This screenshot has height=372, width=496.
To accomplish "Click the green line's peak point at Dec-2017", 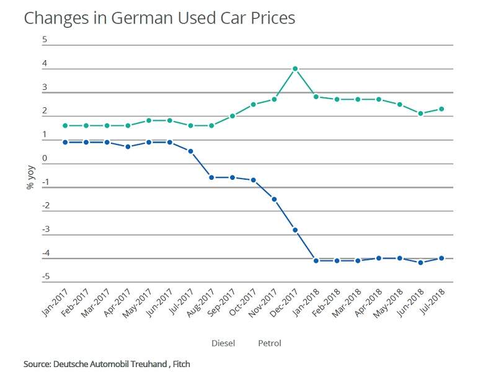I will click(295, 69).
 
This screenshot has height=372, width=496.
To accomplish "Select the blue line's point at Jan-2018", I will click(316, 261).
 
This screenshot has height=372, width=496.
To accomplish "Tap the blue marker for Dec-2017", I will click(295, 230).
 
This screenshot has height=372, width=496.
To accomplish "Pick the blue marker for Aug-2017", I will click(211, 177).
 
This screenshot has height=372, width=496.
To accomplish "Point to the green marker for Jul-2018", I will click(441, 109).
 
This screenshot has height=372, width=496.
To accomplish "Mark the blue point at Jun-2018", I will click(420, 263).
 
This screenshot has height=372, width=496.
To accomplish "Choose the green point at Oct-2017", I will click(253, 105).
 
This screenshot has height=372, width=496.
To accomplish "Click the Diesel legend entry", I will click(223, 343).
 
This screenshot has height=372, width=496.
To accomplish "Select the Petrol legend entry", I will click(270, 343).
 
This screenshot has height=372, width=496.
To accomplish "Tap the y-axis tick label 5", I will click(45, 40).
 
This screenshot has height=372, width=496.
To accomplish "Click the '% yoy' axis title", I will click(30, 175).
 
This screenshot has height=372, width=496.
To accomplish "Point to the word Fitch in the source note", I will click(181, 363).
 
